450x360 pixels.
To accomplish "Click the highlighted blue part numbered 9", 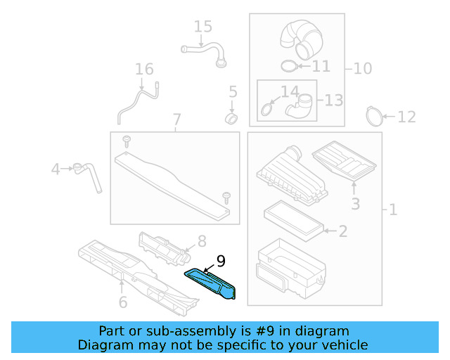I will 213,284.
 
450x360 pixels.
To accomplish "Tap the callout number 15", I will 202,27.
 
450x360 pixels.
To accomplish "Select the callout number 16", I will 143,70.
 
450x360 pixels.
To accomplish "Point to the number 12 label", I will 406,117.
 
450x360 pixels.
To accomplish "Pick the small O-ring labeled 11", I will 288,66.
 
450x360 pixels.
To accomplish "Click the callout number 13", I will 333,100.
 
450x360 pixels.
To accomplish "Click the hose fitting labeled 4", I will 87,173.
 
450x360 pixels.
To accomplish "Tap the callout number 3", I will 355,204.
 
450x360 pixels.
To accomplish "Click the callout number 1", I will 392,210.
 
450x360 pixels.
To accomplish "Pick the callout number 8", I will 200,241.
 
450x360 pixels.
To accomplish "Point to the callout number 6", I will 122,303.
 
